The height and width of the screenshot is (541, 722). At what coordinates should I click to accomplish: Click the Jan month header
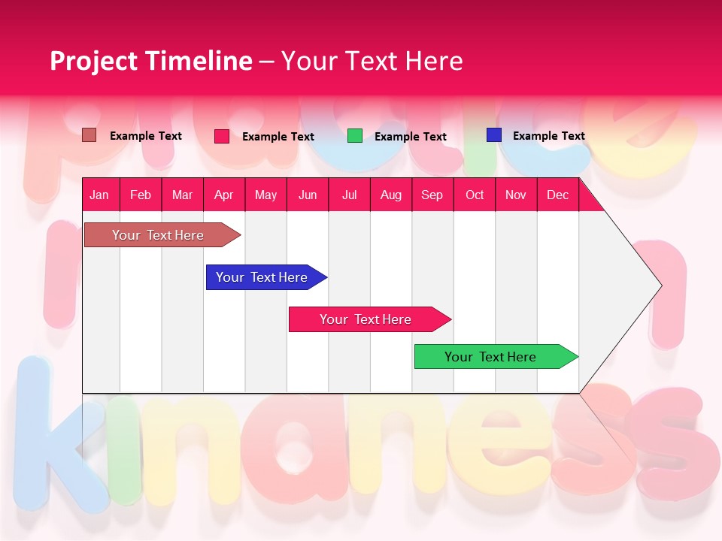[99, 195]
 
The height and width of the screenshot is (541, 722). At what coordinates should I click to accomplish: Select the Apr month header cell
[223, 195]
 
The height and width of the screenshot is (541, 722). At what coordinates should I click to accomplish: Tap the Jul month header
[349, 195]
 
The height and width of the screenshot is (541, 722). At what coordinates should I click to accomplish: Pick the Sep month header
[432, 195]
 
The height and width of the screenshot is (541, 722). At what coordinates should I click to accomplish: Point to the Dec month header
[557, 195]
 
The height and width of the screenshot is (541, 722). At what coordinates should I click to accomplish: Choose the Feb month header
[141, 195]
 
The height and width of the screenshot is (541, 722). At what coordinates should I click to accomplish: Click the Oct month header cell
[475, 195]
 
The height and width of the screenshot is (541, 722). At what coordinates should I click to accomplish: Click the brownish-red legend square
[89, 135]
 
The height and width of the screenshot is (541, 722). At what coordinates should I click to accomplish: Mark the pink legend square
[222, 136]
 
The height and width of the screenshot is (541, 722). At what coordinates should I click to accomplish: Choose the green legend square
[355, 136]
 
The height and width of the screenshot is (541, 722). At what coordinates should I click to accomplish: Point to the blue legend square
[494, 135]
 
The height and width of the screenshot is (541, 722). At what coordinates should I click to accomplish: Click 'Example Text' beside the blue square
[548, 136]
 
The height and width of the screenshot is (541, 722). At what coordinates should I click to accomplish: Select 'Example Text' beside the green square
[410, 137]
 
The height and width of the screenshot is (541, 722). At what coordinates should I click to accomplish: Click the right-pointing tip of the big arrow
[659, 286]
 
